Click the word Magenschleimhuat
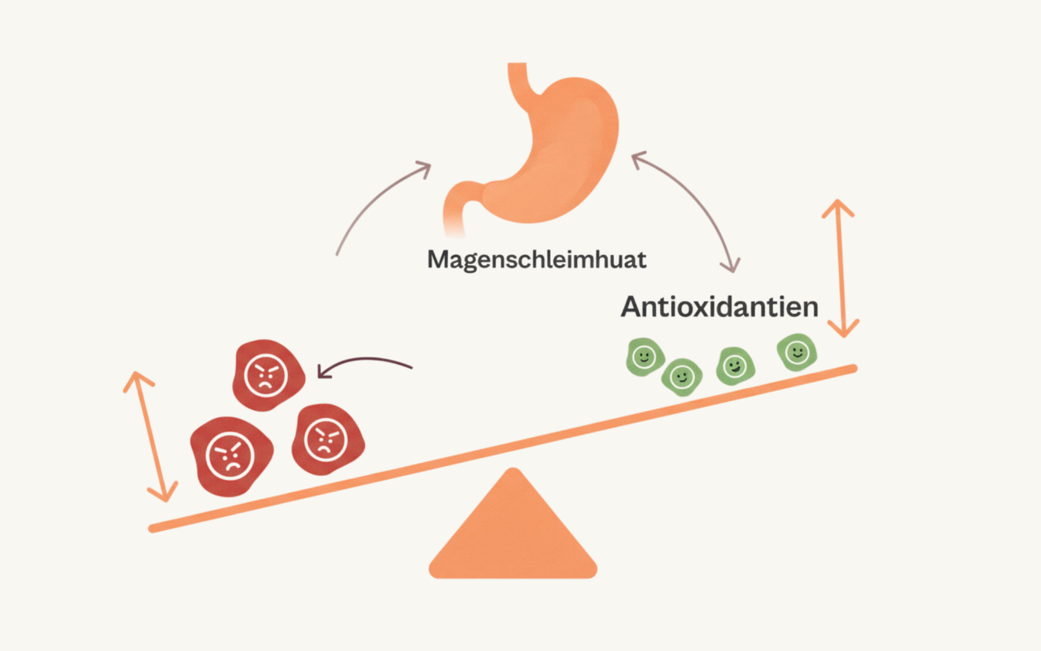(537, 260)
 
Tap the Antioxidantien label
(719, 307)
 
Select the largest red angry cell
(231, 456)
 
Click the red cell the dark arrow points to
(267, 375)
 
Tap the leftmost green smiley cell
(644, 357)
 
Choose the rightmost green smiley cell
(796, 353)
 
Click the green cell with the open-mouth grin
(735, 366)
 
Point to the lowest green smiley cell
(681, 377)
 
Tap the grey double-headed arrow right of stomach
(692, 206)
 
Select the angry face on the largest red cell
(230, 456)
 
